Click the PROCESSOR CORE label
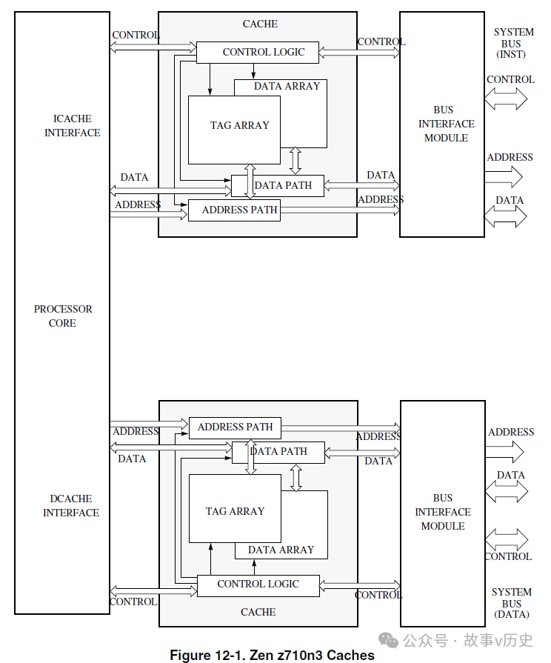click(x=63, y=316)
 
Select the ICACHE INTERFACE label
click(x=72, y=125)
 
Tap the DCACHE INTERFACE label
click(x=71, y=505)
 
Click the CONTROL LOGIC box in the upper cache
click(x=258, y=53)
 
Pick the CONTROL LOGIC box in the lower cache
click(x=258, y=584)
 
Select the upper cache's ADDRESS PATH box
click(x=234, y=210)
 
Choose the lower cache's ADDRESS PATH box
click(x=235, y=427)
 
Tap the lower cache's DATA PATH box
click(x=278, y=451)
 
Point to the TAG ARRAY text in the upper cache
click(x=239, y=126)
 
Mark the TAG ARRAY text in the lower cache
click(x=235, y=511)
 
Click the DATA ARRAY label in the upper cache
click(x=287, y=87)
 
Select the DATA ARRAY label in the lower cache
click(x=281, y=550)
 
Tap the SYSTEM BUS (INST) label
click(x=513, y=44)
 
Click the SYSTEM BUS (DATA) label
click(x=512, y=603)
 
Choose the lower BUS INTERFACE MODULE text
click(x=443, y=512)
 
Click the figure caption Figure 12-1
click(x=272, y=655)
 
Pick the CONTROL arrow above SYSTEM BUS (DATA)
click(x=507, y=539)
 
